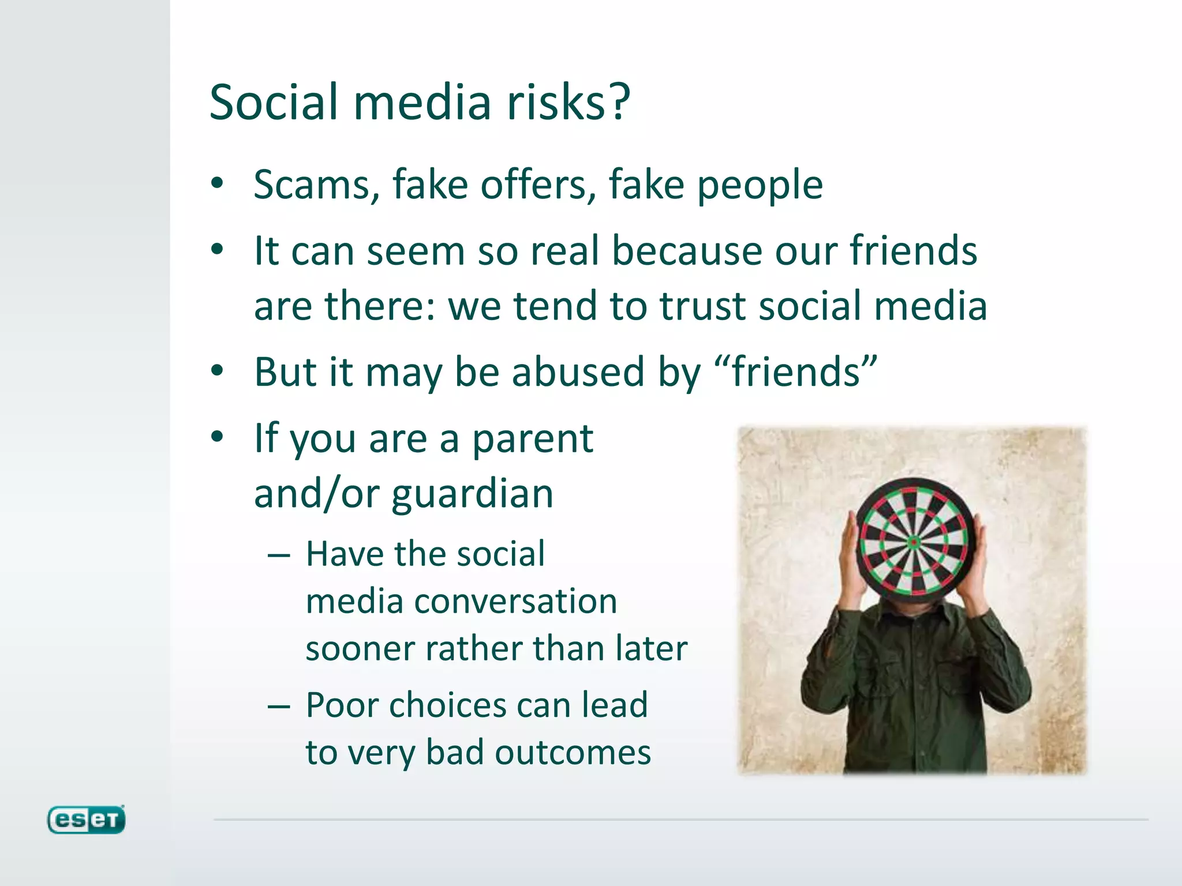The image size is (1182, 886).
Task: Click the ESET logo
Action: click(86, 820)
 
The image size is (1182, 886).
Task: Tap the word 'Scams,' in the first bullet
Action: click(317, 185)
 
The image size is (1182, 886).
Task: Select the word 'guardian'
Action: click(472, 494)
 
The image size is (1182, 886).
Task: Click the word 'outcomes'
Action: click(573, 753)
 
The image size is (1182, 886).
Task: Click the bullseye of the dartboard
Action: click(914, 542)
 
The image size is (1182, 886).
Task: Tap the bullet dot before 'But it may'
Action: click(217, 371)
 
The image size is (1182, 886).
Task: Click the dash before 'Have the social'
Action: click(279, 555)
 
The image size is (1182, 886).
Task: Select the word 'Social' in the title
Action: click(274, 103)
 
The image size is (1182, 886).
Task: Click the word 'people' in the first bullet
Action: click(760, 186)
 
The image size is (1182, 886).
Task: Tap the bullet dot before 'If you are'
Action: click(217, 437)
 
